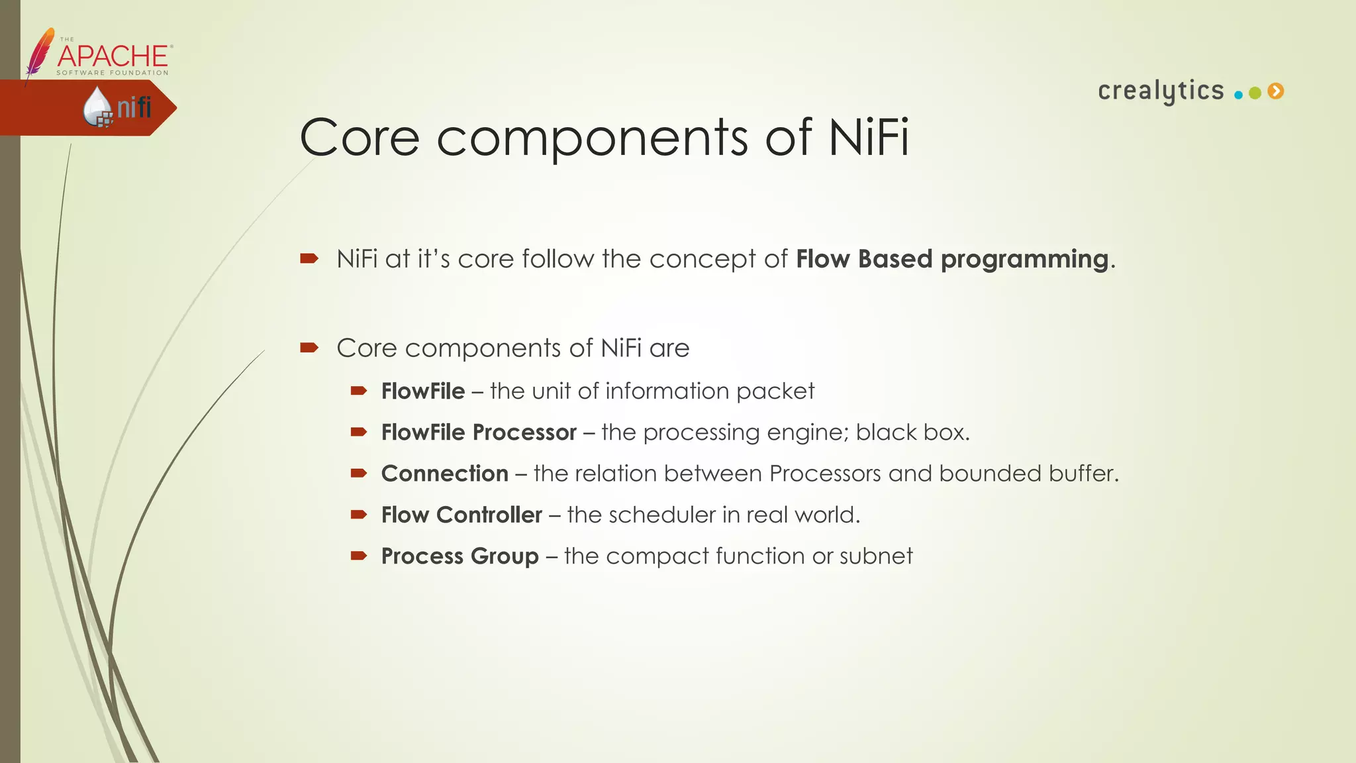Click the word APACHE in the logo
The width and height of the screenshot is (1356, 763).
[x=113, y=56]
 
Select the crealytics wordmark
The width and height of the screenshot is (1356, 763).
[x=1161, y=91]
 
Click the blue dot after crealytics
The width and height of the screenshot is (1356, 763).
[x=1238, y=95]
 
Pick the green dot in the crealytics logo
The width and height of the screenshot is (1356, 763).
[x=1255, y=93]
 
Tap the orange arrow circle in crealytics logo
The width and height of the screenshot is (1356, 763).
[x=1276, y=91]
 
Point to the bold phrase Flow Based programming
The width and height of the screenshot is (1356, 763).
[x=951, y=259]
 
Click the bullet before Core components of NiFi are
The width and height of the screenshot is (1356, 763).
[x=309, y=348]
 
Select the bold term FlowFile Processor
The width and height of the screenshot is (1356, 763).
[x=479, y=432]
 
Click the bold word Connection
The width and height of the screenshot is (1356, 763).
[x=444, y=474]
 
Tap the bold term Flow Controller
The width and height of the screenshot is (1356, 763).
[x=461, y=515]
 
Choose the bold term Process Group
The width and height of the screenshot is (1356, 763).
[x=460, y=556]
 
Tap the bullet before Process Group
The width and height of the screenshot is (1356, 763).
[x=358, y=556]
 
